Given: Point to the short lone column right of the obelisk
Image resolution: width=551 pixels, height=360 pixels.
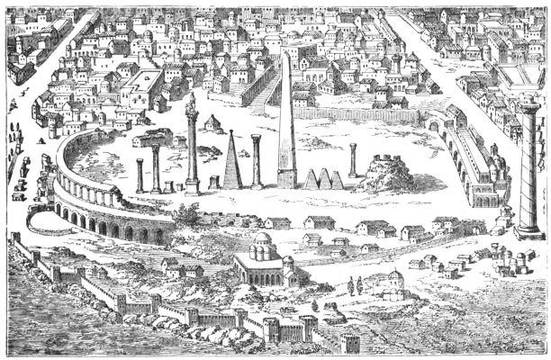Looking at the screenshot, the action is click(352, 159).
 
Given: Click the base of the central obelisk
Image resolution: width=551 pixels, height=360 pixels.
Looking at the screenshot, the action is click(286, 180).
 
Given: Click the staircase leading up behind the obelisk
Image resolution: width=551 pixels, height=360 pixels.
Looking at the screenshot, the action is click(262, 90).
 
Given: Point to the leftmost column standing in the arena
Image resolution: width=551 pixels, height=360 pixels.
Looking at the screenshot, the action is click(140, 175).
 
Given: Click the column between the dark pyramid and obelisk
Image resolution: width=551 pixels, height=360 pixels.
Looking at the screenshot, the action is click(257, 161).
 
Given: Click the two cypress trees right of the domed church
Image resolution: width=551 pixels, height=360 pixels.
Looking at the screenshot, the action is click(354, 286).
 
